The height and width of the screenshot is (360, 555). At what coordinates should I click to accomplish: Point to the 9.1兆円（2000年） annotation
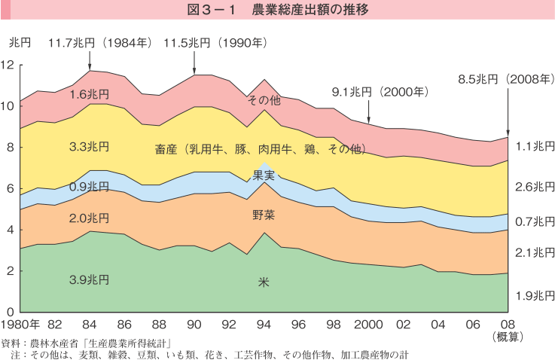[380, 92]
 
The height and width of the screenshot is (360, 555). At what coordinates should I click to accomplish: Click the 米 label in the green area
[264, 282]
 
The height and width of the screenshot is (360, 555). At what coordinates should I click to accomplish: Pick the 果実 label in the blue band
[264, 175]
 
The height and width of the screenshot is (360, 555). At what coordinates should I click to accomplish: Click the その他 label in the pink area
[264, 99]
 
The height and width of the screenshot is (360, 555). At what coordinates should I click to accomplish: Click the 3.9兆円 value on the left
[89, 279]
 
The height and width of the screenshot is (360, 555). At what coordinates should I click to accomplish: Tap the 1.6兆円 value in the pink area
[89, 94]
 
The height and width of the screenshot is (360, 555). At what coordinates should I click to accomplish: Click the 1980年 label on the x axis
[20, 325]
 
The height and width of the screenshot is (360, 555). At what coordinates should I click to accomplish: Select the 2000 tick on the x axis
[368, 325]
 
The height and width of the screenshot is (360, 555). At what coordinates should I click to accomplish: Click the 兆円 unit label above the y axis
[20, 43]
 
